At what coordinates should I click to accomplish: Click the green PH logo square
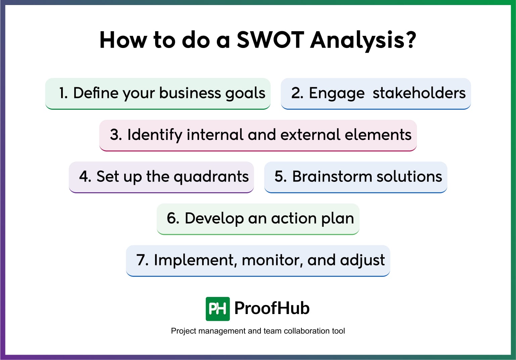pos(218,309)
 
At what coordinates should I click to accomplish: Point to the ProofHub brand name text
pos(272,308)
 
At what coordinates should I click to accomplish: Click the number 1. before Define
pos(63,93)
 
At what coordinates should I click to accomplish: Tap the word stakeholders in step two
pos(419,93)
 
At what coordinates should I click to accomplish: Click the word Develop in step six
pos(214,219)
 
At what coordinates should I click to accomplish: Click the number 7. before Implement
pos(142,260)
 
